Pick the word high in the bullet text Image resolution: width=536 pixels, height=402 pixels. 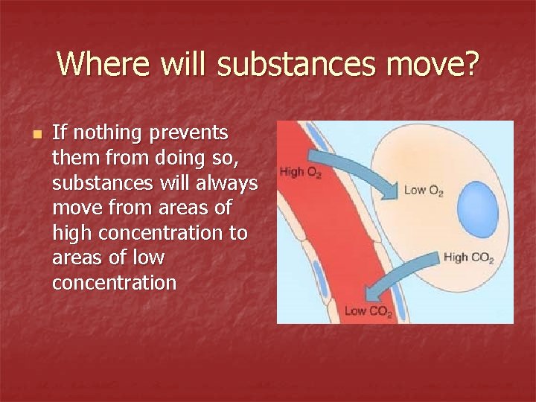pos(71,234)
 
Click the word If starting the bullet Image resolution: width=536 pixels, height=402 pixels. pos(60,133)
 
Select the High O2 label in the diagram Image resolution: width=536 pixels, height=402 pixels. pos(301,173)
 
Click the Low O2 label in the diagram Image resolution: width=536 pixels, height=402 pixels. pos(423,191)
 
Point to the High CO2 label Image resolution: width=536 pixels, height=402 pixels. pos(468,258)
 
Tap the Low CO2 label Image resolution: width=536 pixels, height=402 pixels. pos(368,311)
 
